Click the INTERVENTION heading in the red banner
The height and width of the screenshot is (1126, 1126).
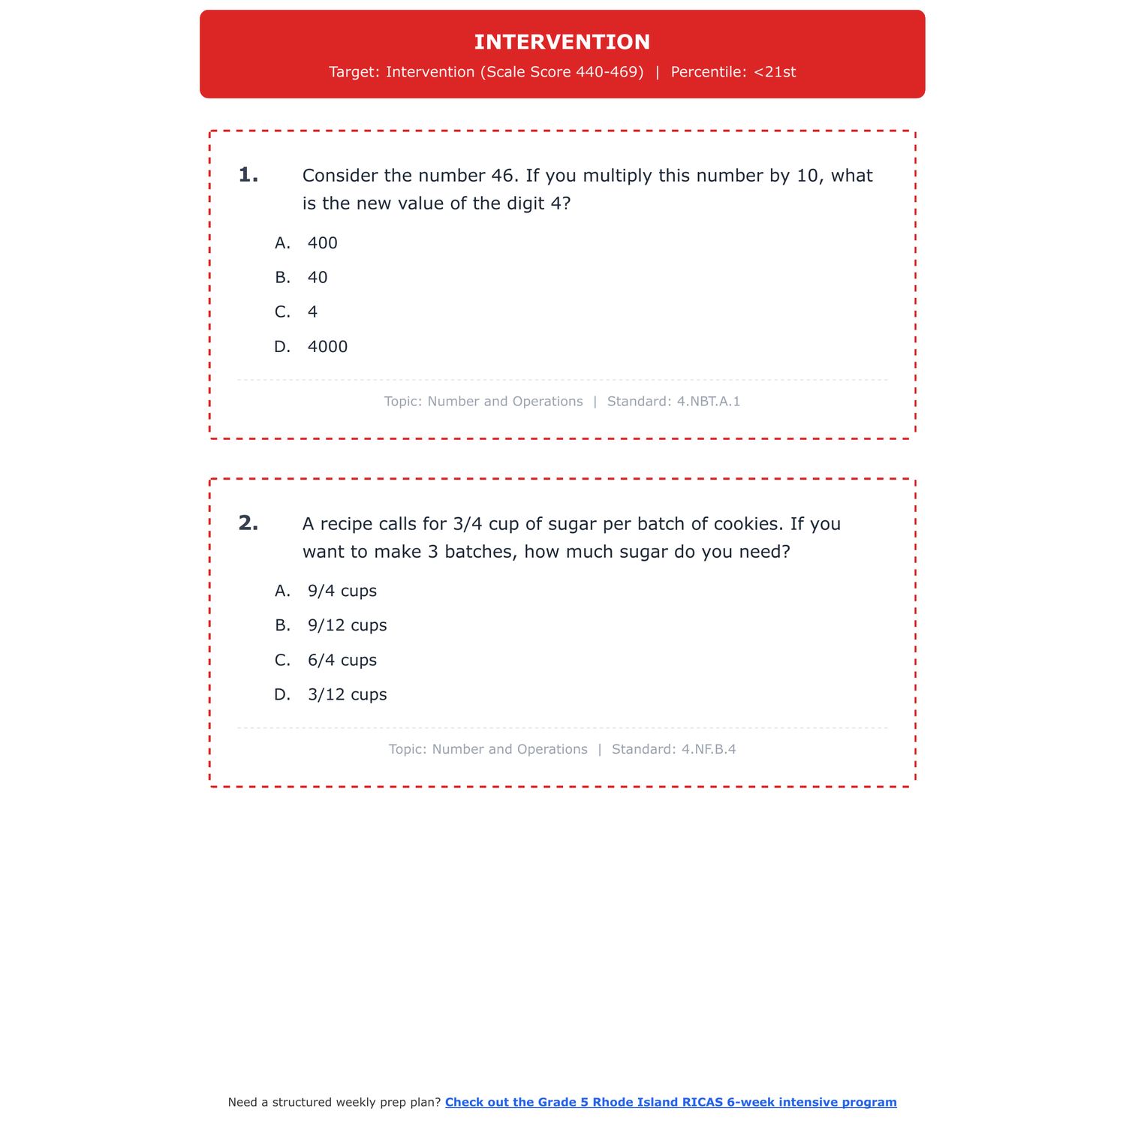pyautogui.click(x=562, y=42)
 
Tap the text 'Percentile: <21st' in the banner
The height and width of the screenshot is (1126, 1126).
pyautogui.click(x=733, y=72)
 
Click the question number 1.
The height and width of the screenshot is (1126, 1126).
pyautogui.click(x=248, y=176)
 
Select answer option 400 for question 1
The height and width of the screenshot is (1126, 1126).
pyautogui.click(x=322, y=243)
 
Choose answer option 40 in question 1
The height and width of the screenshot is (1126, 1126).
pyautogui.click(x=318, y=278)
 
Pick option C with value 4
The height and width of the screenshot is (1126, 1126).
pyautogui.click(x=312, y=312)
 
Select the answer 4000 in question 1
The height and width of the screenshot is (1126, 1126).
pyautogui.click(x=327, y=347)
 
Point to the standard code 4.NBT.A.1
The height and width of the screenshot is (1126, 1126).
pyautogui.click(x=708, y=402)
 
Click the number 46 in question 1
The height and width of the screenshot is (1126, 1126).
pyautogui.click(x=504, y=176)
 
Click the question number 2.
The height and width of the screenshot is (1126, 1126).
pyautogui.click(x=248, y=523)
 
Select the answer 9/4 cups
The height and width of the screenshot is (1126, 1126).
pyautogui.click(x=342, y=591)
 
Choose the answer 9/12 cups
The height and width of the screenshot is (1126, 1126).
pyautogui.click(x=347, y=625)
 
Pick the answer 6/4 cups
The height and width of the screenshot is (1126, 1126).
pyautogui.click(x=342, y=661)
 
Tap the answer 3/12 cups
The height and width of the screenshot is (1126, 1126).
pyautogui.click(x=347, y=695)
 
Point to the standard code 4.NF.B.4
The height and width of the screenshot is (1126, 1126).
pyautogui.click(x=709, y=749)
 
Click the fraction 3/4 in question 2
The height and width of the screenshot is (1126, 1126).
pyautogui.click(x=468, y=524)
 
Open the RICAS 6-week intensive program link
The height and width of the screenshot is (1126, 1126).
pyautogui.click(x=670, y=1102)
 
